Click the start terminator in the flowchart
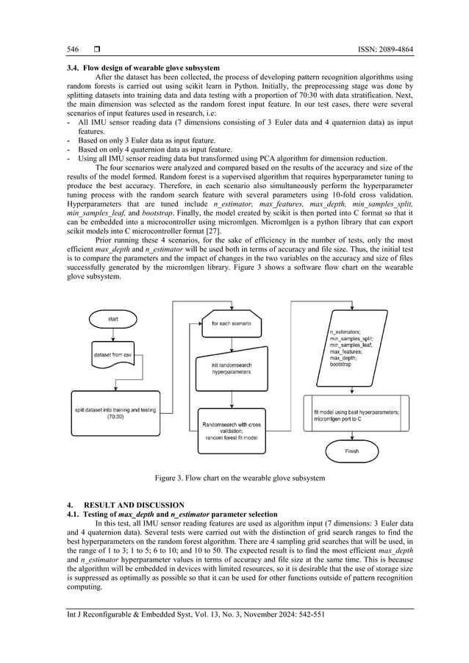point(112,319)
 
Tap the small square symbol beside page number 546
point(96,49)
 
